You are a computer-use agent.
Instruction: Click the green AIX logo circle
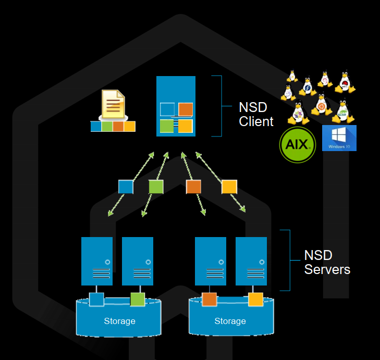pyautogui.click(x=298, y=144)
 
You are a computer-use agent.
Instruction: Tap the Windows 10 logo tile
pyautogui.click(x=339, y=138)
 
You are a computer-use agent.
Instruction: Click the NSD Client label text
pyautogui.click(x=255, y=115)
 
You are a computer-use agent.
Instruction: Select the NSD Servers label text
pyautogui.click(x=327, y=263)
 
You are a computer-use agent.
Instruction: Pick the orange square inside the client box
pyautogui.click(x=186, y=109)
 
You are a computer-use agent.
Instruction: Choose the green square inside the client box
pyautogui.click(x=167, y=126)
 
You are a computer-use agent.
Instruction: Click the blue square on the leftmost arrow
pyautogui.click(x=126, y=187)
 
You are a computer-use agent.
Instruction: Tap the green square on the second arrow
pyautogui.click(x=156, y=187)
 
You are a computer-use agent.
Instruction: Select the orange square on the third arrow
pyautogui.click(x=193, y=187)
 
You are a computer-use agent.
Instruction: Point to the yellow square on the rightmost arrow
pyautogui.click(x=229, y=187)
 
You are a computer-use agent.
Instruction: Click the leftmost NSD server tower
pyautogui.click(x=97, y=261)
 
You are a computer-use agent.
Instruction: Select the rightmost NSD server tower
pyautogui.click(x=251, y=261)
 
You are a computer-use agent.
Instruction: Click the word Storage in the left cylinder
pyautogui.click(x=119, y=321)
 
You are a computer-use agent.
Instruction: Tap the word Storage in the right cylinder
pyautogui.click(x=230, y=321)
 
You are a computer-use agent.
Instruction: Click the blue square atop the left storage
pyautogui.click(x=96, y=299)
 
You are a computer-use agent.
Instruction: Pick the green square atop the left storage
pyautogui.click(x=138, y=299)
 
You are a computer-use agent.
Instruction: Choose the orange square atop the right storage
pyautogui.click(x=209, y=299)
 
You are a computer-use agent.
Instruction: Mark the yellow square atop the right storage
pyautogui.click(x=255, y=299)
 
